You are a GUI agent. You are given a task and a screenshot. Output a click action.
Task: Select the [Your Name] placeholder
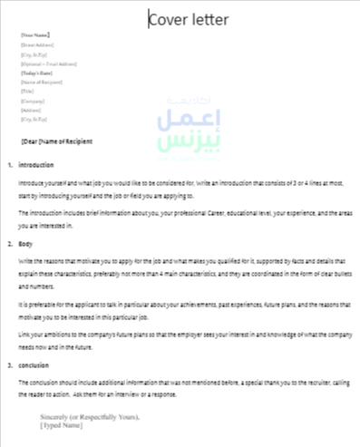pyautogui.click(x=34, y=35)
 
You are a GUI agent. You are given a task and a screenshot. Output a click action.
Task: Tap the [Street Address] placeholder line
pyautogui.click(x=37, y=44)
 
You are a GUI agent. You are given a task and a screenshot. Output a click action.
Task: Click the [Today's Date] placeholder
pyautogui.click(x=37, y=73)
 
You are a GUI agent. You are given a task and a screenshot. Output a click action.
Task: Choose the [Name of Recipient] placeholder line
pyautogui.click(x=41, y=83)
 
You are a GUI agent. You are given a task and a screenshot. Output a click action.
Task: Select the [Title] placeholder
pyautogui.click(x=27, y=92)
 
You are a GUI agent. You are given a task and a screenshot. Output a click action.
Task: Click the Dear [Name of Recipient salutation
pyautogui.click(x=56, y=141)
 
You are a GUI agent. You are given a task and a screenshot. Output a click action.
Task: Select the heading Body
pyautogui.click(x=26, y=245)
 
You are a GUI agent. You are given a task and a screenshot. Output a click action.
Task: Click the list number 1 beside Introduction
pyautogui.click(x=9, y=166)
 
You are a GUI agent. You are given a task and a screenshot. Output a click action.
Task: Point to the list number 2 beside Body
pyautogui.click(x=9, y=245)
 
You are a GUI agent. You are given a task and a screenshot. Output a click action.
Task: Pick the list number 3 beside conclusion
pyautogui.click(x=9, y=366)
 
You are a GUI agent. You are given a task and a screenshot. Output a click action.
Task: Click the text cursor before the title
pyautogui.click(x=149, y=19)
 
